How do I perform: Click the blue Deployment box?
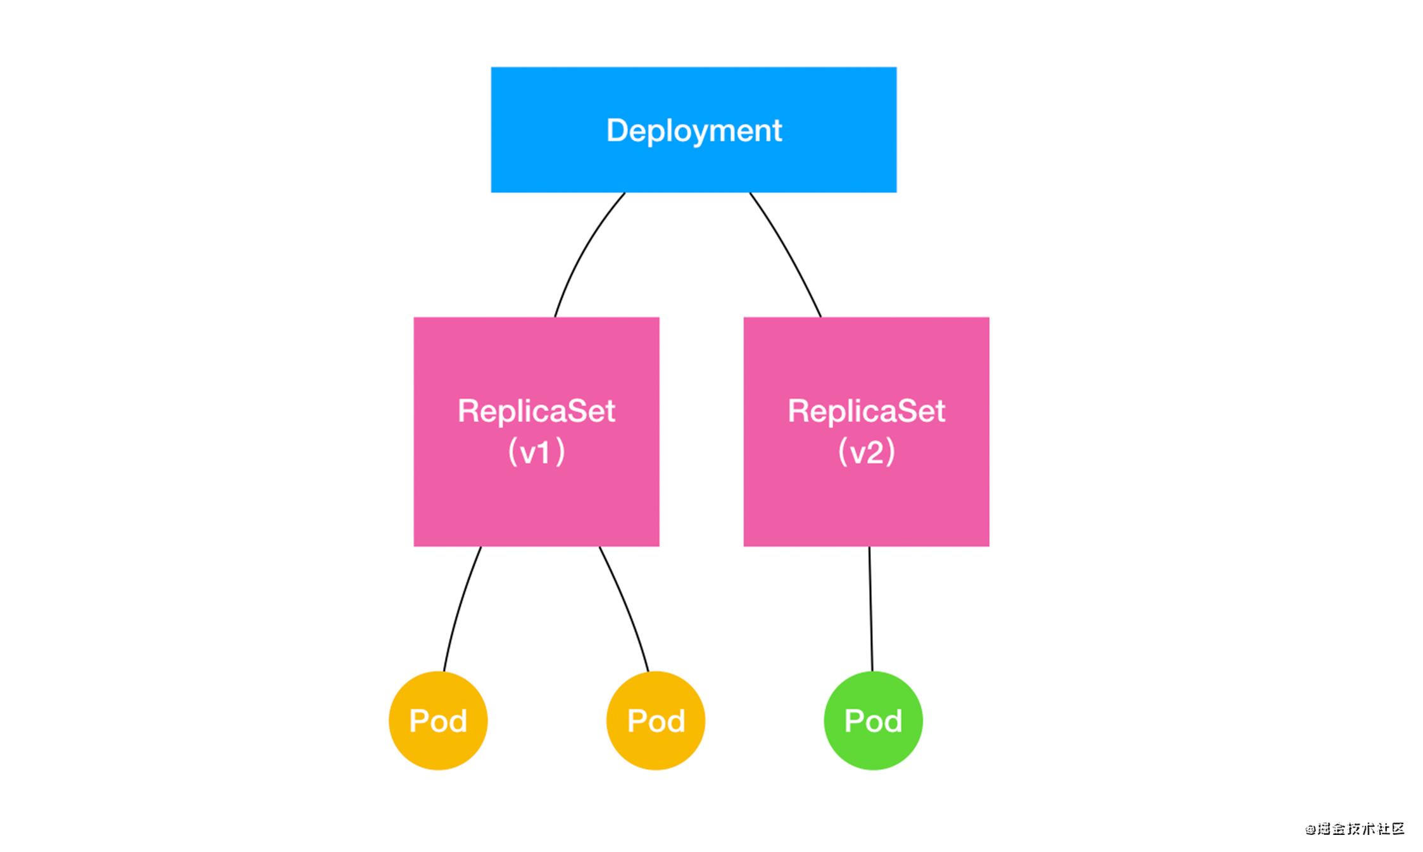[694, 130]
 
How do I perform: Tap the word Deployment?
[694, 131]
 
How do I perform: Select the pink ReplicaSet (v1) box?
[537, 432]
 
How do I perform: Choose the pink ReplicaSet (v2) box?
[867, 432]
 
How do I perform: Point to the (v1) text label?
[537, 452]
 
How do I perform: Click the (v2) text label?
[867, 452]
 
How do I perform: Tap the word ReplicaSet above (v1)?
[537, 411]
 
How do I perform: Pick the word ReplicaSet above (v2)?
[867, 411]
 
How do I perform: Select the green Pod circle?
[874, 720]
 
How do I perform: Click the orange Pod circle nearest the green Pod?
[656, 720]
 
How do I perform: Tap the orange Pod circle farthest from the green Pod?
[438, 720]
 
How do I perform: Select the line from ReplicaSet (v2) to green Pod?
[871, 609]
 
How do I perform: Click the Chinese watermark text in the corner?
[1355, 829]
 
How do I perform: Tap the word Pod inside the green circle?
[874, 721]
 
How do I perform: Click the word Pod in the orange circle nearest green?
[656, 721]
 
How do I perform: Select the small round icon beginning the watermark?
[1310, 829]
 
